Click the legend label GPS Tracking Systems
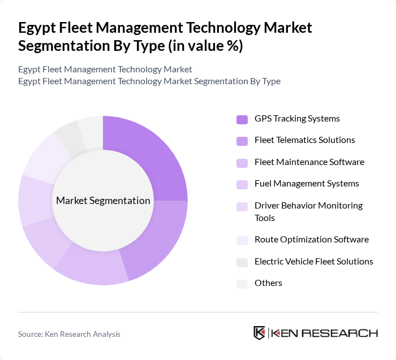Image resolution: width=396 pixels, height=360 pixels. click(x=297, y=119)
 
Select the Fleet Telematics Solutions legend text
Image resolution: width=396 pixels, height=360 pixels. click(x=304, y=140)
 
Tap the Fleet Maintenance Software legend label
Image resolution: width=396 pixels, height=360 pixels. click(x=309, y=162)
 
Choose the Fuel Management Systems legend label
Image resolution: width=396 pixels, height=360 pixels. click(x=307, y=184)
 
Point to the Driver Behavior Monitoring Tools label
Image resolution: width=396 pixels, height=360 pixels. click(x=308, y=211)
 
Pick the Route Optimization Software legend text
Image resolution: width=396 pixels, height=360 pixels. click(x=311, y=240)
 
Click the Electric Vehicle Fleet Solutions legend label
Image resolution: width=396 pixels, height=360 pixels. click(x=313, y=261)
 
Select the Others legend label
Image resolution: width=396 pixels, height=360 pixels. click(x=268, y=283)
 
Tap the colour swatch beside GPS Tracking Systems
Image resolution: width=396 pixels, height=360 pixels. click(x=242, y=119)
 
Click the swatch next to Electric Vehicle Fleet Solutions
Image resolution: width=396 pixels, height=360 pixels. click(x=242, y=262)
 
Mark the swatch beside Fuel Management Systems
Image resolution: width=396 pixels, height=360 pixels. click(x=242, y=184)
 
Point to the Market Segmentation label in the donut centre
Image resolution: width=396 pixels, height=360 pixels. click(x=103, y=201)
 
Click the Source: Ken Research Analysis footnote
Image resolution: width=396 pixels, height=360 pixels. click(x=69, y=334)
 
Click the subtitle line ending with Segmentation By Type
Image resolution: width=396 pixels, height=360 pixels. click(x=149, y=81)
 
